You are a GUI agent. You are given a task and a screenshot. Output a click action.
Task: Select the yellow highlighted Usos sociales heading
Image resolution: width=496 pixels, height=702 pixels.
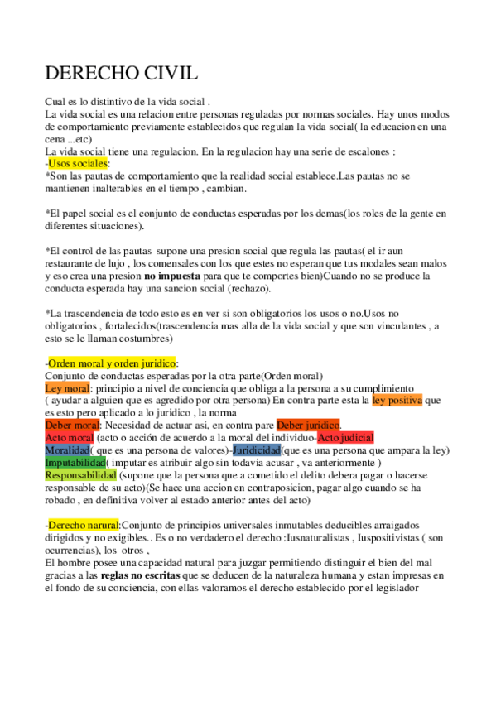(x=78, y=164)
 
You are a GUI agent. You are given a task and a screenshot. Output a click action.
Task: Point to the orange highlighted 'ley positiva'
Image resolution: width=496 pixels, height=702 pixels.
(x=397, y=400)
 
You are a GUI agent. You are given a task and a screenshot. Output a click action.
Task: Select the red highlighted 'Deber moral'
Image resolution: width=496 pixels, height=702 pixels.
(x=72, y=425)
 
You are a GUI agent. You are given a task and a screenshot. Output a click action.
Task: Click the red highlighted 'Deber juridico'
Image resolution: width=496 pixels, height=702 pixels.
(x=308, y=425)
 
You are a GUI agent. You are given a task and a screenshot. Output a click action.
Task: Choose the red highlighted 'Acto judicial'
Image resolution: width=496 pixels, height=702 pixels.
(x=345, y=437)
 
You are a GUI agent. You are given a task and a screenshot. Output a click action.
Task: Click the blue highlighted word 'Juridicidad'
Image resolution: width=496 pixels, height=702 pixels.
(x=256, y=450)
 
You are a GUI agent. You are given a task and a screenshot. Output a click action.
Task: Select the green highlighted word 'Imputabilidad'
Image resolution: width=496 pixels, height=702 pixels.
(x=75, y=463)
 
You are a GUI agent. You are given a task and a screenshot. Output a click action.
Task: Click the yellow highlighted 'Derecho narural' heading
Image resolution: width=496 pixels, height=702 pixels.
(x=84, y=525)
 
